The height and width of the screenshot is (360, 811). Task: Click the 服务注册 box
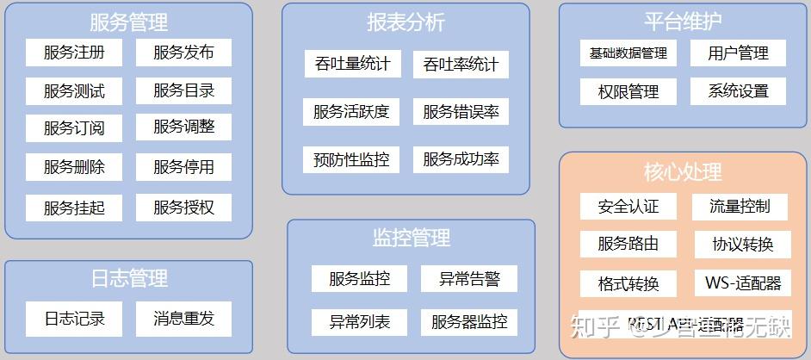[75, 53]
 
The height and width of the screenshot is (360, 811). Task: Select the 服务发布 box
[183, 53]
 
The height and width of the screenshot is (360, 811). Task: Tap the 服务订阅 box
[75, 128]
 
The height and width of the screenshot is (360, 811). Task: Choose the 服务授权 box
[183, 207]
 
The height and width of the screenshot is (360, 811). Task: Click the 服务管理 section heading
[128, 22]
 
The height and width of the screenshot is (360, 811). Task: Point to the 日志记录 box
[75, 319]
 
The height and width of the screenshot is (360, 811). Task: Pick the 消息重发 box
[183, 319]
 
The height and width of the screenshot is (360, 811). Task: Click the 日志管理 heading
[128, 278]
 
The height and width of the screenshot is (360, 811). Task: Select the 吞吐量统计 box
[352, 64]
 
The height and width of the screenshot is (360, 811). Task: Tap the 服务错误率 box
[461, 111]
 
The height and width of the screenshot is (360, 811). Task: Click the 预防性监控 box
[351, 159]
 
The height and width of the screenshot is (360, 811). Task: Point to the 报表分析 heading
[405, 22]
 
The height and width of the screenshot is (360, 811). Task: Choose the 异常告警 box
[469, 278]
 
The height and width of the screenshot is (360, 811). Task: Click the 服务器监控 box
[469, 323]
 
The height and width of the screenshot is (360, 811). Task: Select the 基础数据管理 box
[628, 53]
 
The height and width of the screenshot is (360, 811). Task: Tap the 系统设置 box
[738, 91]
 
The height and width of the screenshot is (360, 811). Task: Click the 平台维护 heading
[683, 22]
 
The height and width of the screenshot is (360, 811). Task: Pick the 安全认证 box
[628, 206]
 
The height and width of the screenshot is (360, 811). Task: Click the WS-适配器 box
[742, 282]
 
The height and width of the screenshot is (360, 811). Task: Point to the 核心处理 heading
[683, 171]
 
